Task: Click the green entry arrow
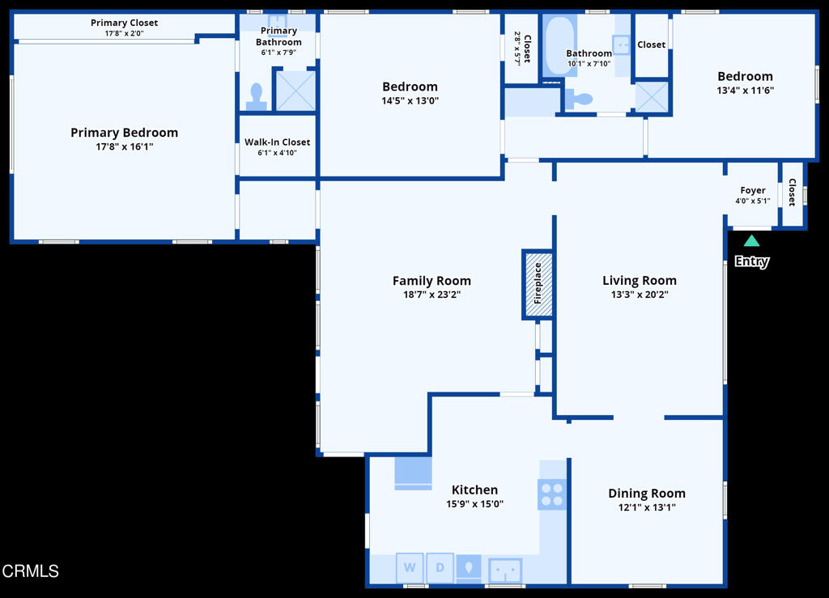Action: tap(751, 240)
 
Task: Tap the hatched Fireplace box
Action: tap(538, 284)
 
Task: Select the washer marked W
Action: tap(410, 567)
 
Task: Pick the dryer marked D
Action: tap(440, 567)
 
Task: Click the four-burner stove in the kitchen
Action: tap(552, 494)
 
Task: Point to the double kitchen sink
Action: tap(505, 570)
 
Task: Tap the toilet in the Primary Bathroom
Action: tap(257, 98)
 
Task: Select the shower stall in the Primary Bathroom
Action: tap(295, 91)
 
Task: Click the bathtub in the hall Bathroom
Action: tap(559, 46)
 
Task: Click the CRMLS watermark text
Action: tap(31, 571)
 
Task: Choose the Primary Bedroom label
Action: tap(124, 133)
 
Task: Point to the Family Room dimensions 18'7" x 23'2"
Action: tap(432, 295)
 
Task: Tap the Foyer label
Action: tap(753, 191)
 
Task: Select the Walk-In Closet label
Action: tap(277, 142)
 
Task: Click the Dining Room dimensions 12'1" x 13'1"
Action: tap(646, 507)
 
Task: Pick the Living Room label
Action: tap(639, 281)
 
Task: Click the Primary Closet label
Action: tap(124, 23)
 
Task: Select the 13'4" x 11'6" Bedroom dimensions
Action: tap(745, 91)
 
